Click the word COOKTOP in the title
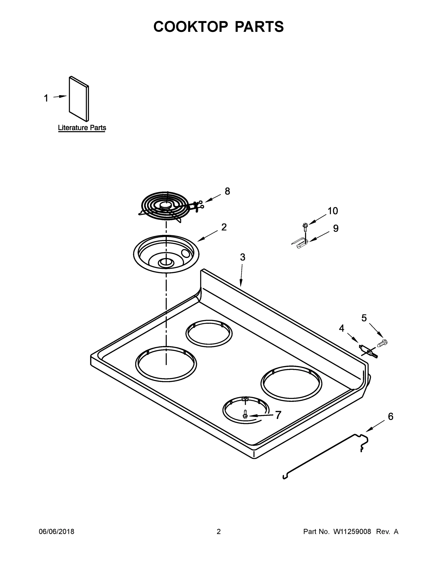click(191, 27)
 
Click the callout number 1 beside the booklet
click(46, 98)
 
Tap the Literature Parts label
click(82, 128)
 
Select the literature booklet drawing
click(79, 99)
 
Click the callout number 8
click(227, 191)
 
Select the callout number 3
click(242, 257)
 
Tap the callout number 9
click(335, 228)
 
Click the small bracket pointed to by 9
click(300, 243)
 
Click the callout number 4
click(341, 328)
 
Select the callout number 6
click(390, 416)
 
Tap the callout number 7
click(278, 415)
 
